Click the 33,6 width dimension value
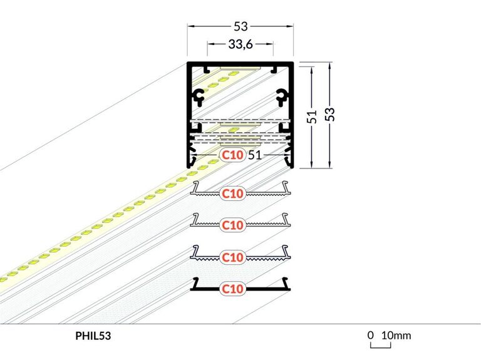[240, 44]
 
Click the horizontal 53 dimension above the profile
[240, 26]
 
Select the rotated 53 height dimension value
[330, 115]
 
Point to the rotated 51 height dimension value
[312, 116]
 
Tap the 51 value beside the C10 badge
[255, 155]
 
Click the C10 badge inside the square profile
[232, 155]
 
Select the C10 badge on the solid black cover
[232, 289]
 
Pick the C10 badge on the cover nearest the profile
[232, 193]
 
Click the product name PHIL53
[93, 336]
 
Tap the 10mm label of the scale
[396, 336]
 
